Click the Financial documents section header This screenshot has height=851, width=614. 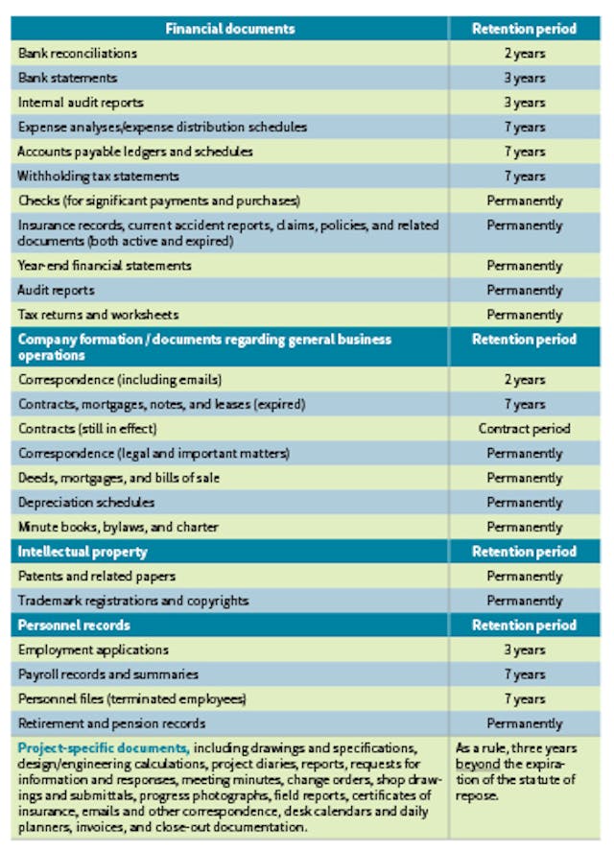coord(230,29)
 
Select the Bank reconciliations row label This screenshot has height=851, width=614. coord(78,54)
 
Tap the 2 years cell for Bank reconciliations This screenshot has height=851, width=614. coord(524,54)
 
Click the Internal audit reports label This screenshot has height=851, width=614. coord(82,103)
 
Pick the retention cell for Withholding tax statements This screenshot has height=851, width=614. coord(524,177)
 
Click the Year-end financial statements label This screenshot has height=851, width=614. coord(105,266)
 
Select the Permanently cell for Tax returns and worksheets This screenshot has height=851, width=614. coord(524,315)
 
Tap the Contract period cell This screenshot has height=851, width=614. coord(524,429)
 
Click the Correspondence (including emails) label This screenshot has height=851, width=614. coord(121,380)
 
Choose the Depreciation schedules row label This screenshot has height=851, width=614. coord(86,503)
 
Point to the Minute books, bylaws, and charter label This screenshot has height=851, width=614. coord(118,528)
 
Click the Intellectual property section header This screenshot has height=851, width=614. coord(84,552)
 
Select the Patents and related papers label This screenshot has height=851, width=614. coord(97,577)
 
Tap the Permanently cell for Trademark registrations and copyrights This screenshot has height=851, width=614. coord(524,601)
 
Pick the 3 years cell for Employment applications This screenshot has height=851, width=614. coord(524,650)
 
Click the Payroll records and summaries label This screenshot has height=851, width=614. coord(108,674)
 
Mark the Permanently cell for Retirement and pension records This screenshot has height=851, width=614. coord(524,723)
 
